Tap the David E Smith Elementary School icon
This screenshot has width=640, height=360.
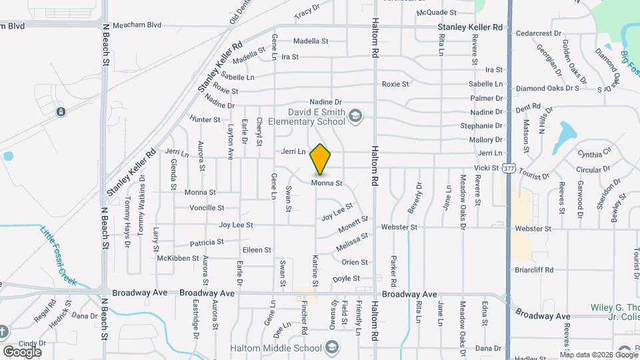tap(355, 117)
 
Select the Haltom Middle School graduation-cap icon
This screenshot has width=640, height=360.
tap(331, 348)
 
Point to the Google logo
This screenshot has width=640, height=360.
tap(22, 351)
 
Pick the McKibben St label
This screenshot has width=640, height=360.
tap(178, 258)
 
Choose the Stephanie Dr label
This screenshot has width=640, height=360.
tap(481, 125)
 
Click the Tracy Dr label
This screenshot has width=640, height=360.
tap(307, 13)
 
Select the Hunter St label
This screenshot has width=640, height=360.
tap(205, 119)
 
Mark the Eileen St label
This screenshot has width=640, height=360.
tap(257, 250)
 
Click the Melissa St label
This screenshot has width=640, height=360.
tap(353, 239)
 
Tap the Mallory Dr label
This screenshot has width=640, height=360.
tap(485, 139)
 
